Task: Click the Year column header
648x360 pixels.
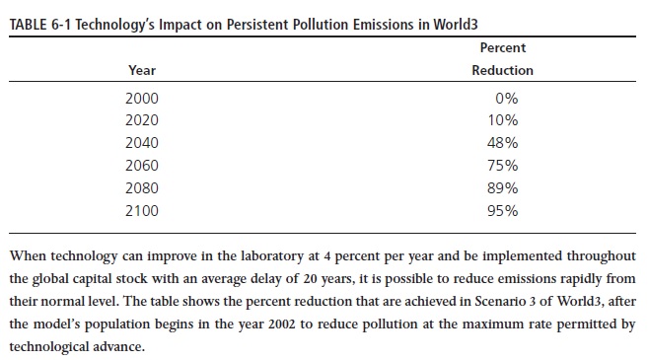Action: click(142, 70)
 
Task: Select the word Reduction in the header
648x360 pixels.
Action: click(503, 70)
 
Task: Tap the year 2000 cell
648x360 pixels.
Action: click(142, 99)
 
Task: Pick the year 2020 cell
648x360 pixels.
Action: click(142, 120)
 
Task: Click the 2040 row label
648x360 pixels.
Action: click(142, 143)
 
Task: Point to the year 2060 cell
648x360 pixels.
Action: click(142, 166)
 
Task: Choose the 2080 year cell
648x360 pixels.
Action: click(142, 188)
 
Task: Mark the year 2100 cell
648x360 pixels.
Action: click(142, 211)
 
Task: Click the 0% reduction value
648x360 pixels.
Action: click(507, 99)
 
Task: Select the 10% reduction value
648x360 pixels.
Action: click(503, 120)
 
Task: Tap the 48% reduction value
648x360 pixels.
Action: click(503, 143)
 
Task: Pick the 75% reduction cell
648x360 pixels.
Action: click(503, 166)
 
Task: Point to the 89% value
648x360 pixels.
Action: click(503, 188)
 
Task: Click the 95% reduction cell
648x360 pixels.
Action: click(503, 211)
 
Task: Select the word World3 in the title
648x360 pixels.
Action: click(456, 25)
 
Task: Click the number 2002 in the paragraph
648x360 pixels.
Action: click(282, 324)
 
